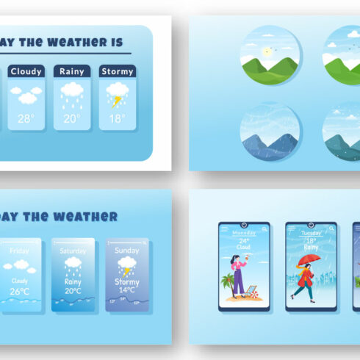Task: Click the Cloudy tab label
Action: tap(26, 71)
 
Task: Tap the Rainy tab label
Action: tap(72, 71)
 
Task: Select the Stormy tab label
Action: tap(117, 71)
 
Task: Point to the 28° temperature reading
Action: tap(26, 118)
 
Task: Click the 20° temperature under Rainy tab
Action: tap(72, 118)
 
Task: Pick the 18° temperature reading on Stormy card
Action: tap(117, 118)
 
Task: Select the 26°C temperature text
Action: tap(20, 292)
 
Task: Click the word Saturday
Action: tap(73, 251)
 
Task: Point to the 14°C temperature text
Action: tap(127, 290)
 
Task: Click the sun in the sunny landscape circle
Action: tap(268, 51)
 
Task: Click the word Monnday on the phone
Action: tap(243, 233)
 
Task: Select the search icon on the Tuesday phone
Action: tap(331, 229)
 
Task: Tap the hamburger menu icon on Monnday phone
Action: tap(223, 228)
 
